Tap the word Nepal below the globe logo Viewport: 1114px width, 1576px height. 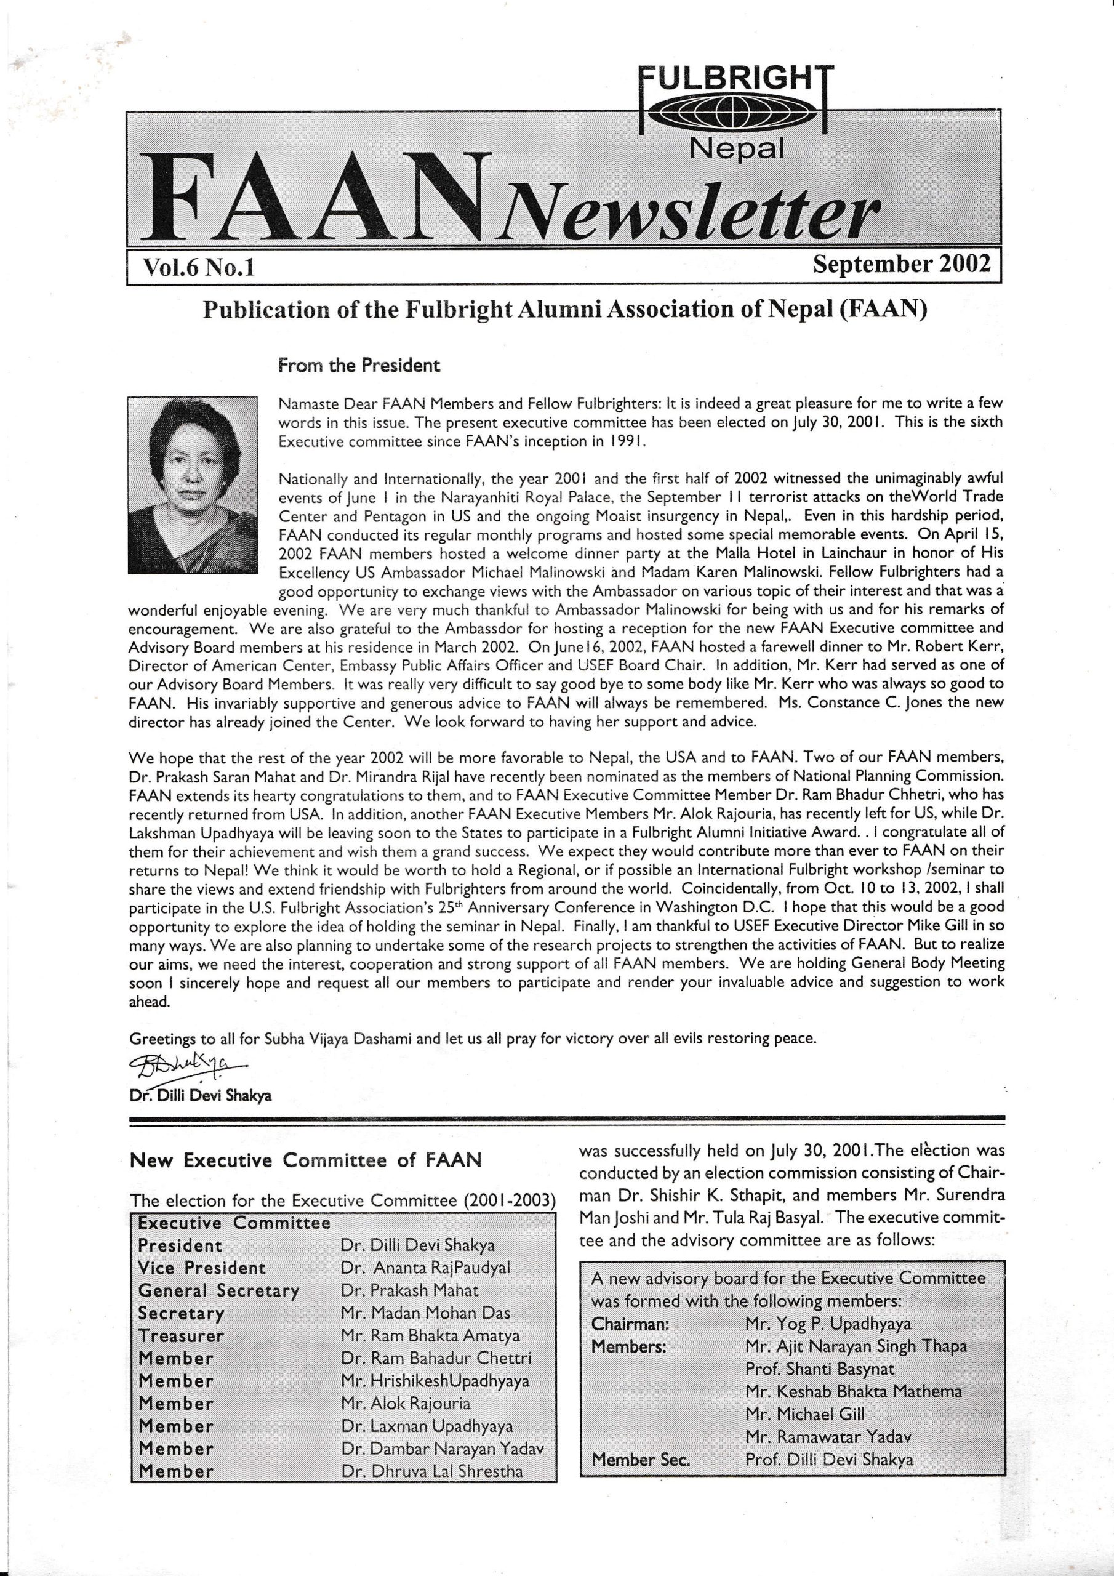tap(737, 148)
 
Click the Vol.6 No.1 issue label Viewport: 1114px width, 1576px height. tap(198, 267)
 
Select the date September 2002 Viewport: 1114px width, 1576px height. tap(901, 264)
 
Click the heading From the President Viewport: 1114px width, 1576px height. tap(358, 365)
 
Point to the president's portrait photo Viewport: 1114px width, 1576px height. tap(192, 484)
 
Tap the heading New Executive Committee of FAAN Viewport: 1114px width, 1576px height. tap(305, 1160)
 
